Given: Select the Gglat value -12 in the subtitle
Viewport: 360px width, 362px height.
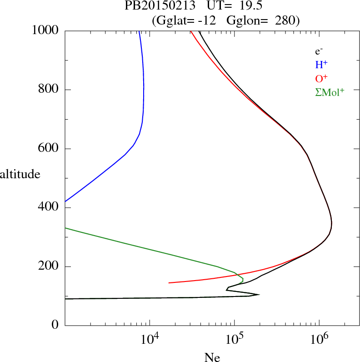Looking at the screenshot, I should pos(206,20).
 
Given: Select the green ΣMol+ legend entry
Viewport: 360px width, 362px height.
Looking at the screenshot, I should pos(330,92).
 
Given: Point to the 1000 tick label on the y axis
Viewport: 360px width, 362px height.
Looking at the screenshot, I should pos(46,30).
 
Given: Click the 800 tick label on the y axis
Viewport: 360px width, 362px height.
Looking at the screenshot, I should pos(49,90).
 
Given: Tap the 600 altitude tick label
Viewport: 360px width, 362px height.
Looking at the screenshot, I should pos(49,149).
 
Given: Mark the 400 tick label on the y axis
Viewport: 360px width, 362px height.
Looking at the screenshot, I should pos(49,208).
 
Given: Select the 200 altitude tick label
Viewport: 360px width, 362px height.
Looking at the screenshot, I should pos(49,267).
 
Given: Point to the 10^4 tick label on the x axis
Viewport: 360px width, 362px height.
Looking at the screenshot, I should pos(151,339).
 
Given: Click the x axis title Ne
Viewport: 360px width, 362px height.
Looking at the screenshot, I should pos(212,357).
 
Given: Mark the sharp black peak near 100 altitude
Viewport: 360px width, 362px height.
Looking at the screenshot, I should pos(259,295).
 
